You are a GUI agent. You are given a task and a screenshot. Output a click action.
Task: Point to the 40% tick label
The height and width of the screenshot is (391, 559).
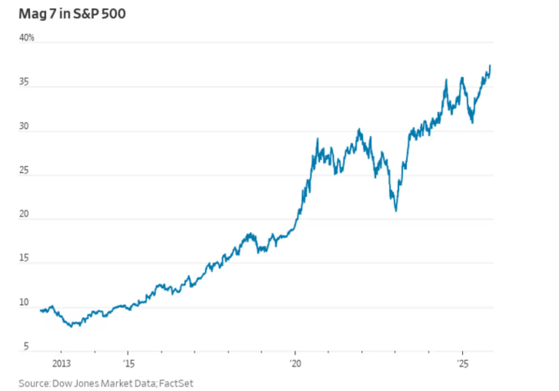pyautogui.click(x=27, y=36)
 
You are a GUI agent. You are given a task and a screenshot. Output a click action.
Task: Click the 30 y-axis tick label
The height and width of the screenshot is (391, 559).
pyautogui.click(x=25, y=128)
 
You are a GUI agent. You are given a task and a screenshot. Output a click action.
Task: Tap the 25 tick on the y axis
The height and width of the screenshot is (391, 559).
pyautogui.click(x=25, y=173)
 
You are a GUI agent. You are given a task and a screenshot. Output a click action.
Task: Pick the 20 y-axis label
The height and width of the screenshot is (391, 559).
pyautogui.click(x=25, y=216)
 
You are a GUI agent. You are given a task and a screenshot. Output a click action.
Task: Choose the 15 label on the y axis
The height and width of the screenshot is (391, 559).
pyautogui.click(x=25, y=260)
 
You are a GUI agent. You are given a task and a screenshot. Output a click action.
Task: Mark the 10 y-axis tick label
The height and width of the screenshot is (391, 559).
pyautogui.click(x=25, y=305)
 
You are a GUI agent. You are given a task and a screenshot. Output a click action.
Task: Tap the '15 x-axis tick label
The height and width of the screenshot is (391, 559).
pyautogui.click(x=128, y=363)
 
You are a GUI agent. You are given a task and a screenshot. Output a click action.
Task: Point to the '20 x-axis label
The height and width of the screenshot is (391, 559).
pyautogui.click(x=294, y=363)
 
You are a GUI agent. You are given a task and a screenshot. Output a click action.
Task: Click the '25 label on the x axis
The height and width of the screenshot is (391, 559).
pyautogui.click(x=462, y=363)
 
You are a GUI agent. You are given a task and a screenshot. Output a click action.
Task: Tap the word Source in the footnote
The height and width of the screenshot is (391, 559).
pyautogui.click(x=34, y=382)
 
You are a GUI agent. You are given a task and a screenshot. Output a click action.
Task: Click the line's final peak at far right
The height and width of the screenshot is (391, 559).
pyautogui.click(x=491, y=66)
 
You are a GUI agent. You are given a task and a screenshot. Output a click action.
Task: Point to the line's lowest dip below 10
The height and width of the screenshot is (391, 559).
pyautogui.click(x=72, y=326)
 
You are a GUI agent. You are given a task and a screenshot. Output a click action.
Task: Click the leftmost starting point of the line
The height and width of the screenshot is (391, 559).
pyautogui.click(x=40, y=310)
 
